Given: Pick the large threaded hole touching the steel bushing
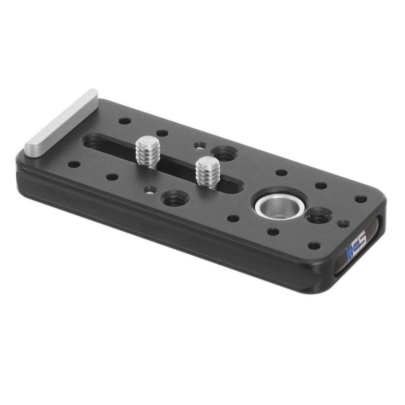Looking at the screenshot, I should coord(317,217).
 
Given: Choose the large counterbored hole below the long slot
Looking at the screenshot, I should coord(174,198).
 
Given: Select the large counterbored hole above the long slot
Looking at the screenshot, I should coord(223,154).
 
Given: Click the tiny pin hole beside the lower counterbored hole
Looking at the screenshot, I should coord(151,189).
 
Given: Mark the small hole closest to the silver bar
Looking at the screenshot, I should coord(124,121).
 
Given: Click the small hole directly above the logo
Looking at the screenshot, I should coord(314,246).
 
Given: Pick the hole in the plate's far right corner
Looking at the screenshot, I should coord(361,198).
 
